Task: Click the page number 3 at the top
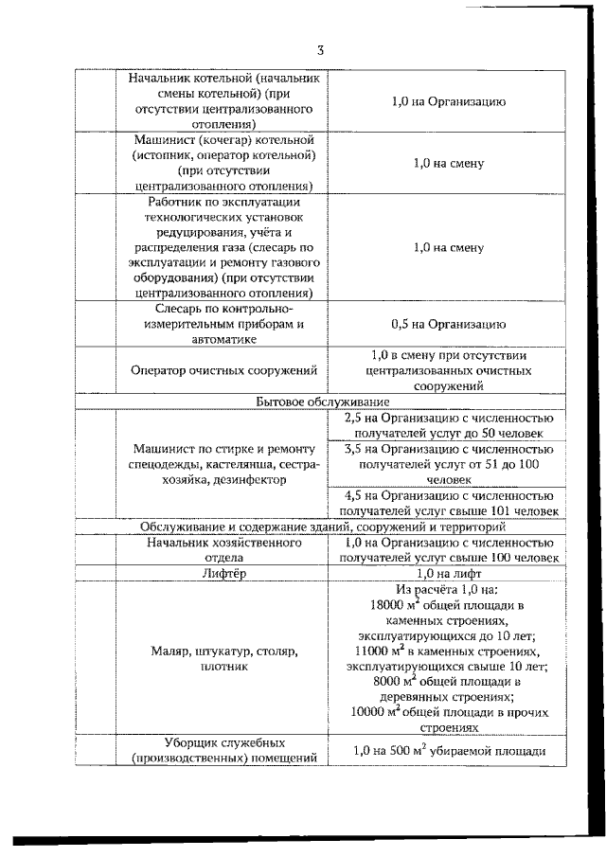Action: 321,50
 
